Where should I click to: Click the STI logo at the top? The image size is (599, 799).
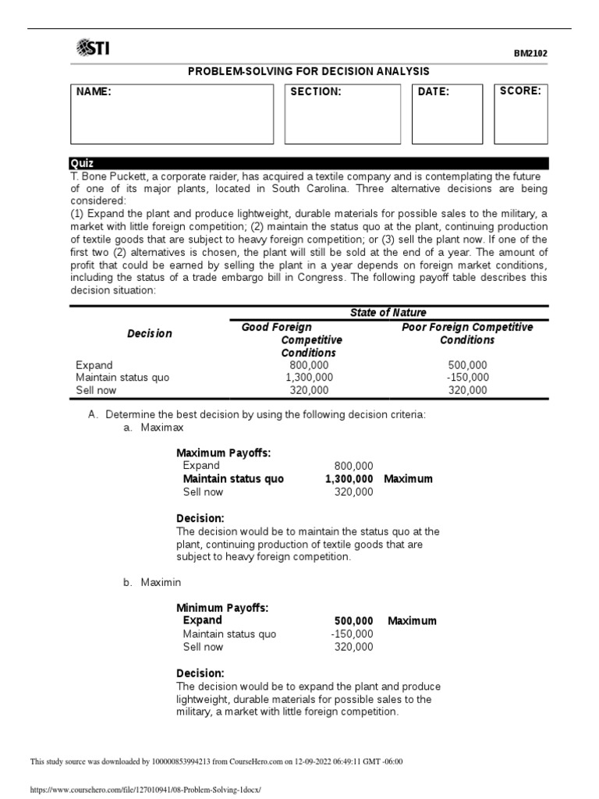93,49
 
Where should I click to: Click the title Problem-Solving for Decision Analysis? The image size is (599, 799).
309,71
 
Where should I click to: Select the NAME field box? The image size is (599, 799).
172,114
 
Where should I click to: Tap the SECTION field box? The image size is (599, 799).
342,114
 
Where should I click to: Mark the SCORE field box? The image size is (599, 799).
520,114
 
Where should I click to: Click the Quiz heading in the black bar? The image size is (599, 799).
83,163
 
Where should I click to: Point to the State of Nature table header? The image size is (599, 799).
388,313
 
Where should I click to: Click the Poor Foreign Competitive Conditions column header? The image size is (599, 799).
467,333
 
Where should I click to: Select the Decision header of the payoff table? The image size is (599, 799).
150,333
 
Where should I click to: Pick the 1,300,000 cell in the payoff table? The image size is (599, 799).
309,378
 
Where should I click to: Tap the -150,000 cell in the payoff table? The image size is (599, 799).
468,378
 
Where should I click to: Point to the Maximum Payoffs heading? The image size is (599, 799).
223,453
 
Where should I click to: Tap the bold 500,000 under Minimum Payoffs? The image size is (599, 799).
353,621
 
